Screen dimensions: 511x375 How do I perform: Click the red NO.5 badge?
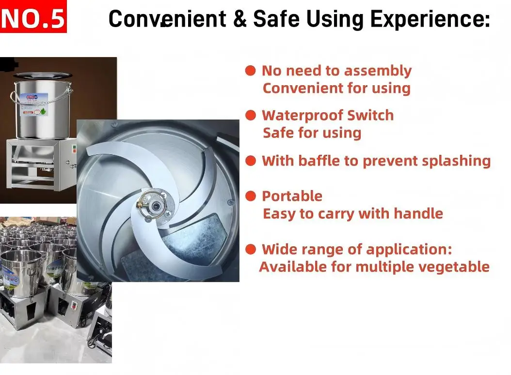coord(33,16)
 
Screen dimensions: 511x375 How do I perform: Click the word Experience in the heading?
coord(430,19)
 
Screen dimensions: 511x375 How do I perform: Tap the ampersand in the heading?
coord(240,18)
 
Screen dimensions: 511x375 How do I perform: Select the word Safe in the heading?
coord(276,18)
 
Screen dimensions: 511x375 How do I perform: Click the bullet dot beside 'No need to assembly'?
coord(250,70)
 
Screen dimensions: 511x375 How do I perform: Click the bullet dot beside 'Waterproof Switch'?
coord(250,115)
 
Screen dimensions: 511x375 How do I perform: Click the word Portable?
coord(292,196)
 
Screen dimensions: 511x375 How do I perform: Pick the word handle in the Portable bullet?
coord(418,214)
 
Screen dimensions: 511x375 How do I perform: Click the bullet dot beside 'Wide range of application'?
coord(250,250)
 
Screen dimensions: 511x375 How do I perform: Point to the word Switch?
coord(370,116)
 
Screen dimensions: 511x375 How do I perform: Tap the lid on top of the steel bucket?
coord(42,76)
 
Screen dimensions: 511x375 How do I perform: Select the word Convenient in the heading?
coord(167,18)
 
